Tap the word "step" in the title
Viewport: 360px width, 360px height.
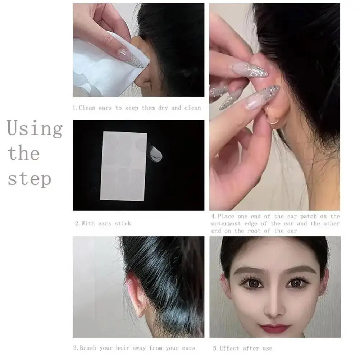[x=29, y=179]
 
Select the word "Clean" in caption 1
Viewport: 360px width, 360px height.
[x=87, y=108]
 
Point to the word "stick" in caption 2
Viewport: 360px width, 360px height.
[x=123, y=223]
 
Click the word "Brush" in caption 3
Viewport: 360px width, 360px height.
[x=88, y=348]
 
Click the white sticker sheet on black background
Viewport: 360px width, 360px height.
[x=123, y=166]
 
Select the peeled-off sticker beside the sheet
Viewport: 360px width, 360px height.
[x=155, y=153]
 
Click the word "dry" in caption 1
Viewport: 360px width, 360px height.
[x=163, y=108]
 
